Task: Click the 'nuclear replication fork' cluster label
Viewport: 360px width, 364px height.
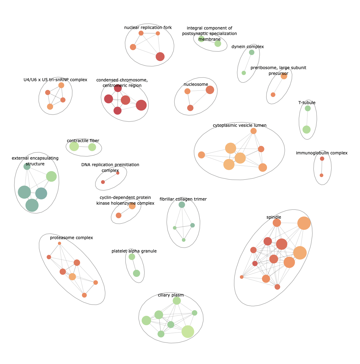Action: (148, 28)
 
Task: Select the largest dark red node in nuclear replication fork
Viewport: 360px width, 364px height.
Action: (160, 57)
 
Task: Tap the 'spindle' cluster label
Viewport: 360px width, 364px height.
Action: (274, 217)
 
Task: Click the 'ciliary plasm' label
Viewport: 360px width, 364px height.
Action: (171, 295)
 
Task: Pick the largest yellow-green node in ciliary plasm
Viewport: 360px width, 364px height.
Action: (188, 331)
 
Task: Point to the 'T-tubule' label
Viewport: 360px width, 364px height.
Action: (307, 103)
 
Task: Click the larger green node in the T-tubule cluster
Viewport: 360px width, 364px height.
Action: (307, 130)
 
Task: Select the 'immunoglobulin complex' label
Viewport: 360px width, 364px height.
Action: (321, 153)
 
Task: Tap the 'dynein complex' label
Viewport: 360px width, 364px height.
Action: (248, 47)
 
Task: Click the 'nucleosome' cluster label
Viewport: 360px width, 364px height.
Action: (196, 84)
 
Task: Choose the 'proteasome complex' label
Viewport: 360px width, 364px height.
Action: (71, 238)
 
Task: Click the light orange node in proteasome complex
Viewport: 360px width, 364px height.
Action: (72, 277)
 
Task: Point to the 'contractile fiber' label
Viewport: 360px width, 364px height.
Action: (83, 141)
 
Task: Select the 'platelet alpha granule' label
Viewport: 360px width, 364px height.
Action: (134, 251)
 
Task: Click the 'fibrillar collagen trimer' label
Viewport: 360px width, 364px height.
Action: (183, 199)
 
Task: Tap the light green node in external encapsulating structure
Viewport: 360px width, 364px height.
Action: (51, 177)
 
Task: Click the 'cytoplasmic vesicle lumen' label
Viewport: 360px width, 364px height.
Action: (239, 125)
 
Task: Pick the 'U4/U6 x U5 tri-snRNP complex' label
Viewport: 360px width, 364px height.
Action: (55, 80)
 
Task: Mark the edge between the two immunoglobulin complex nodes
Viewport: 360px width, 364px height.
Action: (322, 167)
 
